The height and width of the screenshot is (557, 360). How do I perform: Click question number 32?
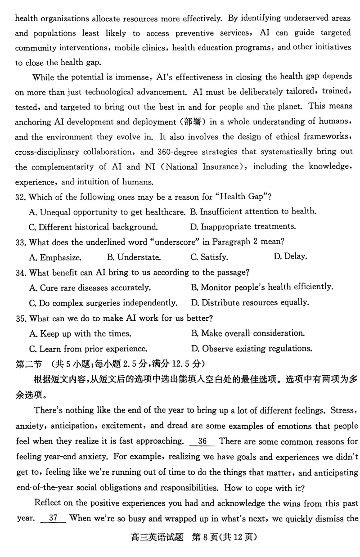[21, 196]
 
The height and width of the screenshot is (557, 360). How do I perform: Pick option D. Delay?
[290, 256]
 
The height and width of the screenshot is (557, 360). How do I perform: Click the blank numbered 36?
[202, 441]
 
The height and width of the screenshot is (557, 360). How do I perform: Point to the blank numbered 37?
[53, 518]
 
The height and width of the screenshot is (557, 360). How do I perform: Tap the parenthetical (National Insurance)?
[203, 167]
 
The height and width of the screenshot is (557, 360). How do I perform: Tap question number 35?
[21, 319]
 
